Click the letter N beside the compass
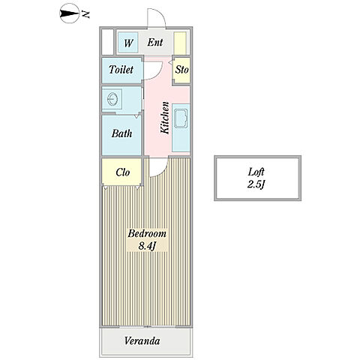(x=85, y=14)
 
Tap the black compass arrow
(x=69, y=13)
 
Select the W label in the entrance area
(x=128, y=43)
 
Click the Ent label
(x=155, y=42)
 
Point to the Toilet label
(x=121, y=70)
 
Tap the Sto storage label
(x=181, y=70)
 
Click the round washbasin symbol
(x=112, y=99)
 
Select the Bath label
(x=121, y=133)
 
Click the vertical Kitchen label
(x=165, y=118)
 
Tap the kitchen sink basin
(x=181, y=118)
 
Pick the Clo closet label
(x=123, y=172)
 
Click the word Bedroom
(x=147, y=233)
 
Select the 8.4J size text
(x=147, y=246)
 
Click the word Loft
(x=256, y=172)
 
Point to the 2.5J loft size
(x=256, y=184)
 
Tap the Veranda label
(x=142, y=340)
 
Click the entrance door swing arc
(x=160, y=13)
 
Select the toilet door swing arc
(x=158, y=74)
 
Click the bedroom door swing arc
(x=163, y=172)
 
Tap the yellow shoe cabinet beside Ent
(x=180, y=43)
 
